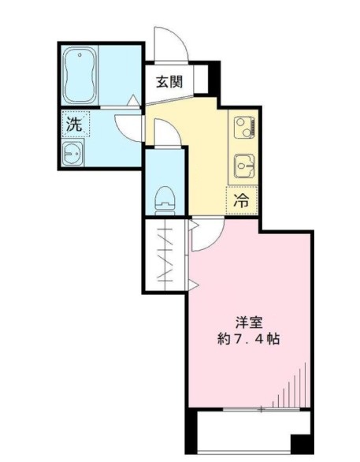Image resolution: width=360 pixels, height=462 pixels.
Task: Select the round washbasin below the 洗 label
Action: [73, 153]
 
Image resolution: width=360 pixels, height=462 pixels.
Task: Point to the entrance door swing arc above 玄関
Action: [169, 43]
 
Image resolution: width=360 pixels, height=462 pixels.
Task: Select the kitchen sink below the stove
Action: [241, 166]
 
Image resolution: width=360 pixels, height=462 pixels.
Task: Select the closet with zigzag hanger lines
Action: [165, 255]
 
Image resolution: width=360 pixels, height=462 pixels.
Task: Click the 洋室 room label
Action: [248, 322]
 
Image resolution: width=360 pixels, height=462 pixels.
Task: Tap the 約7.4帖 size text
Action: [247, 341]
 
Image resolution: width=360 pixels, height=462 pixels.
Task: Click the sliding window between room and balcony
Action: [251, 409]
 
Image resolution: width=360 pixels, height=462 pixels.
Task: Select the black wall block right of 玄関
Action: [212, 76]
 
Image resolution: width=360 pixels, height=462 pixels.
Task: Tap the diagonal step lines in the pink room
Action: [295, 386]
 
